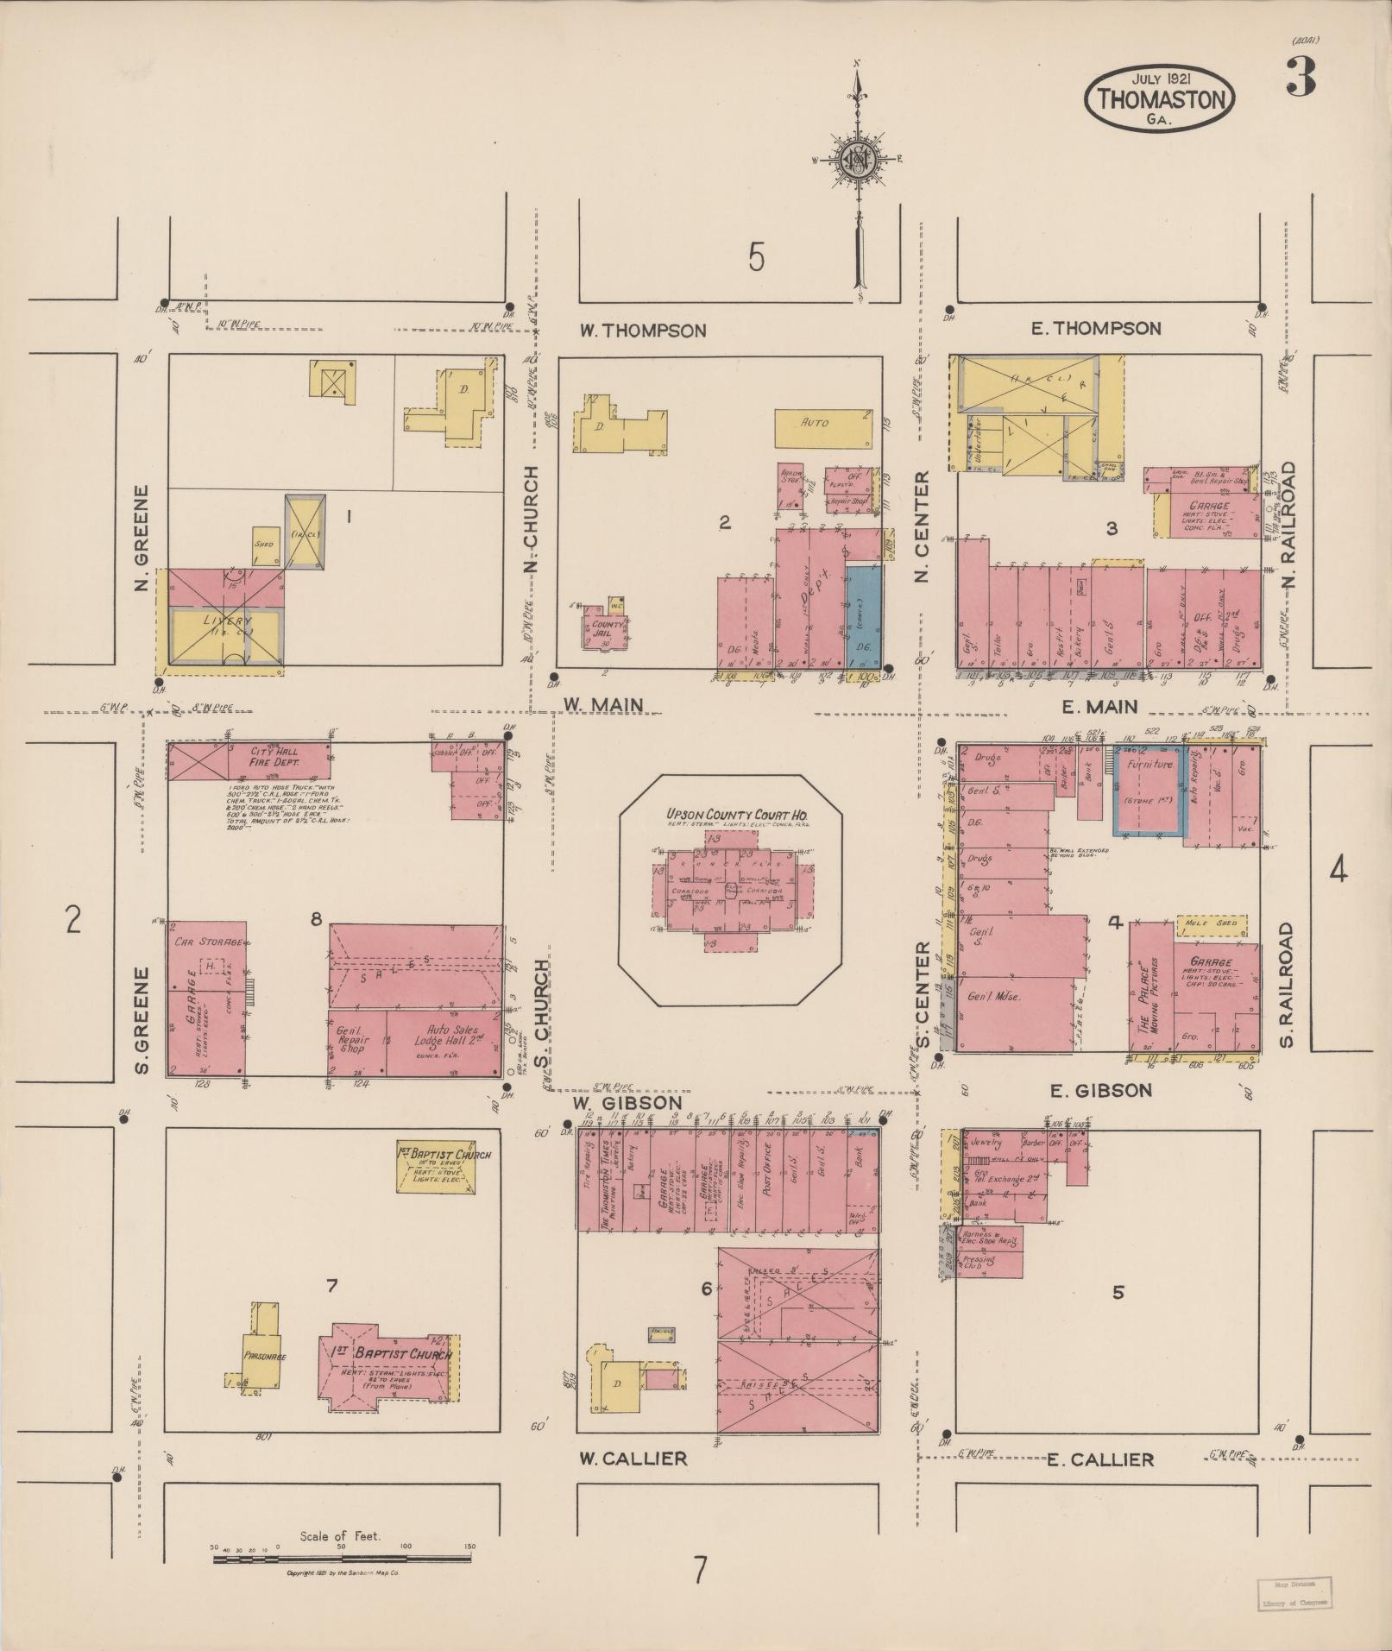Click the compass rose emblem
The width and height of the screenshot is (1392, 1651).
coord(858,159)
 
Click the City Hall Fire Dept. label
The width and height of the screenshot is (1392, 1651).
coord(274,757)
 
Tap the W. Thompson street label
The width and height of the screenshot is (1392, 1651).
coord(643,330)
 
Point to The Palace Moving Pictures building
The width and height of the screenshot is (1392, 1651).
coord(1151,987)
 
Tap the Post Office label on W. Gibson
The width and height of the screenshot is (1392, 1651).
coord(765,1169)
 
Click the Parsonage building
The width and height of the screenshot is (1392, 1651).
coord(264,1356)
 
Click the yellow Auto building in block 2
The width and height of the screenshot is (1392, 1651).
coord(822,426)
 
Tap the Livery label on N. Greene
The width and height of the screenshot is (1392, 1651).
coord(225,621)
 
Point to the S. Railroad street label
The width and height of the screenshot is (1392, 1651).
coord(1286,986)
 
